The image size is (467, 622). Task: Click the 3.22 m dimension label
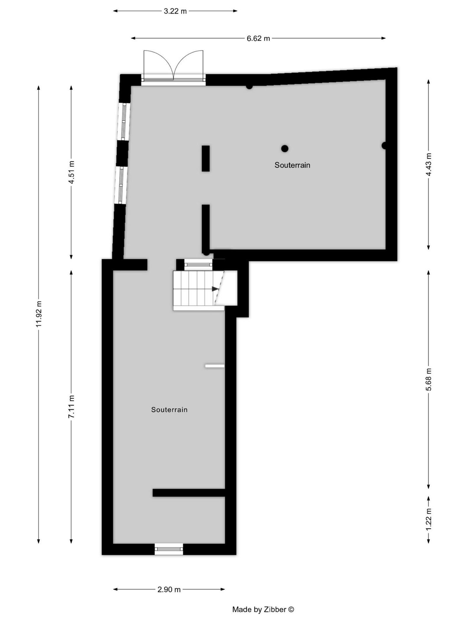pos(175,11)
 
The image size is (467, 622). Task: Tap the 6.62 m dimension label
pos(258,38)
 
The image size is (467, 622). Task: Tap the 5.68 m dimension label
pos(428,379)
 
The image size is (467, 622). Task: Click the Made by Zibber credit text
pos(263,609)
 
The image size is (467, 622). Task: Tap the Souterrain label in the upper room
pos(292,165)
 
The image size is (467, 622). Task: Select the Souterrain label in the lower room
pos(169,410)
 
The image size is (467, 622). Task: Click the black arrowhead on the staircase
pos(215,289)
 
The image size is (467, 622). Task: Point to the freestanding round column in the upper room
pos(285,148)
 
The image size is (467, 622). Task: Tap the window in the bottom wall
pos(169,549)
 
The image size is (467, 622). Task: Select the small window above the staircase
pos(199,264)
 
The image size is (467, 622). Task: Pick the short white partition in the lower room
pos(215,366)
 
